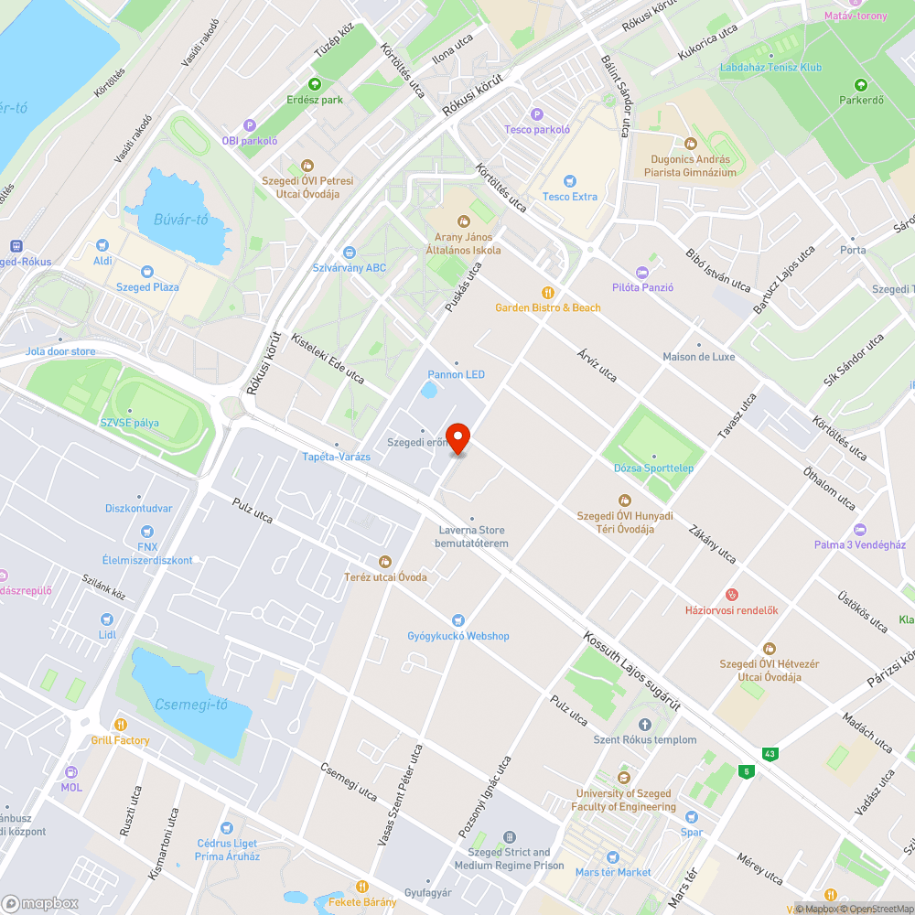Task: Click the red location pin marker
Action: (457, 437)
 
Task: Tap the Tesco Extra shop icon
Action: (570, 181)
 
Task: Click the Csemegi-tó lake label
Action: (190, 705)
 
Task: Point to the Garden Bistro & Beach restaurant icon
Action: (548, 292)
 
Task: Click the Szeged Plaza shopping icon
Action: (146, 272)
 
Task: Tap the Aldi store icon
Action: (102, 245)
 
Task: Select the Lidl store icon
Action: (107, 619)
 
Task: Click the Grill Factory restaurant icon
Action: (120, 725)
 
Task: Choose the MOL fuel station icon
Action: (71, 771)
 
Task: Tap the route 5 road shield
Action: (748, 771)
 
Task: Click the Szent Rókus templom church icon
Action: (644, 725)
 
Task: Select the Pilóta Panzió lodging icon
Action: (642, 272)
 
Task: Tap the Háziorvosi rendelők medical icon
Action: (731, 595)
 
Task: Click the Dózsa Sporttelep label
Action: (653, 468)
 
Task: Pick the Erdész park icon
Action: (314, 84)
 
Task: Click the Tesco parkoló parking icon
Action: (537, 114)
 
